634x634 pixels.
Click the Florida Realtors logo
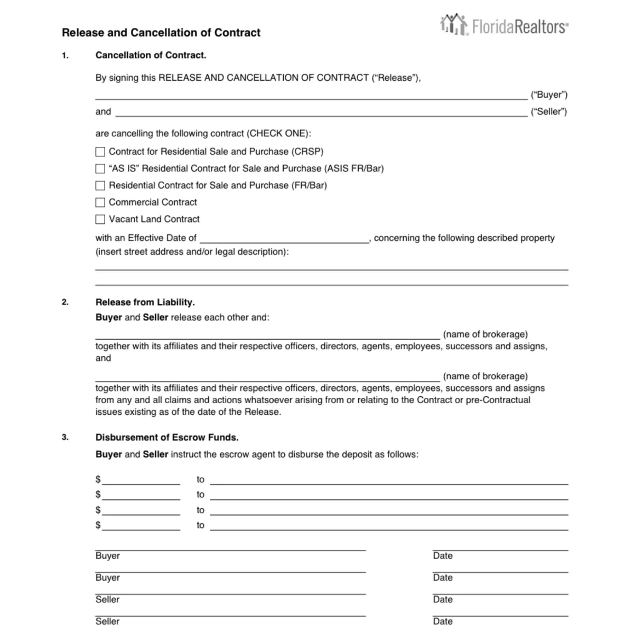point(504,25)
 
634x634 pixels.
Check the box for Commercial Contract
point(100,202)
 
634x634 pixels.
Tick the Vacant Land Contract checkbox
point(100,219)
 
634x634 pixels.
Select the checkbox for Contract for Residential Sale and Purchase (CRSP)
point(100,152)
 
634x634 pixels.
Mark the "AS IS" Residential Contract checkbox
point(100,169)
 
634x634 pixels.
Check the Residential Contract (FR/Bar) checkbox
point(100,185)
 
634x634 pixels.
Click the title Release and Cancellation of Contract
point(161,33)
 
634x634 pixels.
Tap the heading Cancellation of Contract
point(151,55)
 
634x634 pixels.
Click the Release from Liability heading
point(145,302)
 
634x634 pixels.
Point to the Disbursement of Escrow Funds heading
point(167,437)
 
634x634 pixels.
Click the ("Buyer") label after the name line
point(549,95)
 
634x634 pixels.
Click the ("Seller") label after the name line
point(549,112)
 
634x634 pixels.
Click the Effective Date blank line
point(284,239)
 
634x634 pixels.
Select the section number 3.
point(65,437)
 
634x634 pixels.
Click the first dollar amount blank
point(141,480)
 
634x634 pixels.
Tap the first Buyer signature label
point(107,556)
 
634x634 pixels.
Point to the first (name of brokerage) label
point(485,334)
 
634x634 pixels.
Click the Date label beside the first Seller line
point(442,600)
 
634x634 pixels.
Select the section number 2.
point(65,302)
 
